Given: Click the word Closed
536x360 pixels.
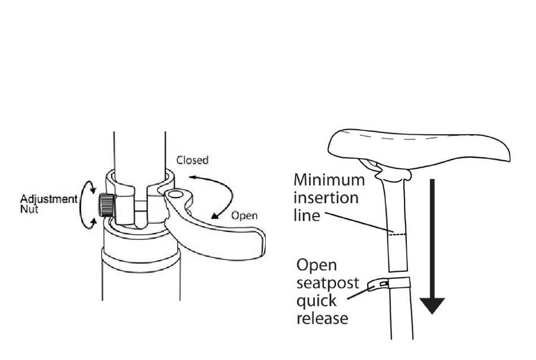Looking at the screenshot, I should point(192,160).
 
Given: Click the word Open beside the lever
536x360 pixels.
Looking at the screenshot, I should point(244,215).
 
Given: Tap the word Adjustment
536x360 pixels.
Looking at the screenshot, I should point(49,200).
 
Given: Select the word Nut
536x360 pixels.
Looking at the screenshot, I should point(28,209).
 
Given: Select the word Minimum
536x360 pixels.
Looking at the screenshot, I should point(329,181).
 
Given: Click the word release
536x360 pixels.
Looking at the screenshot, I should point(322,318).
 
